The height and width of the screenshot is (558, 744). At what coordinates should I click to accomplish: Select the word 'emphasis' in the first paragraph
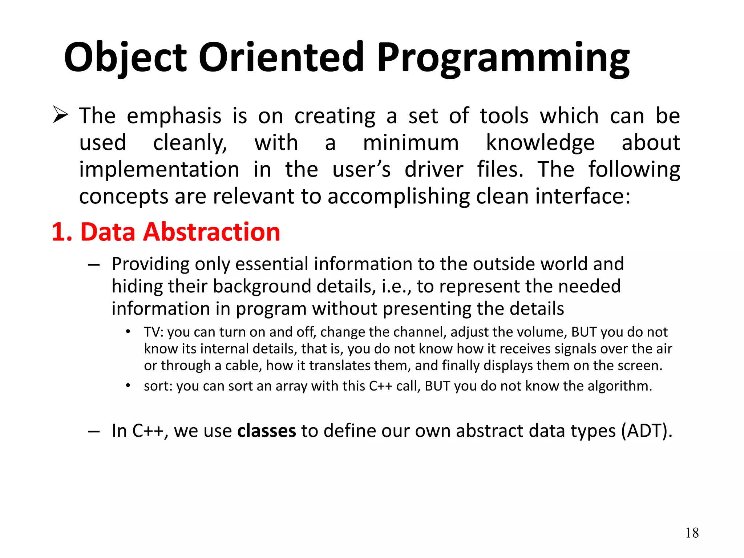click(x=174, y=116)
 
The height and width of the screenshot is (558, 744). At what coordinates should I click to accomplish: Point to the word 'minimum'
click(x=411, y=142)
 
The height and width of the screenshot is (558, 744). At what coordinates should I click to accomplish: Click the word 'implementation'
click(x=159, y=169)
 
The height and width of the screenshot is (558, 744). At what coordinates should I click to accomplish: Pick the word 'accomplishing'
click(x=399, y=197)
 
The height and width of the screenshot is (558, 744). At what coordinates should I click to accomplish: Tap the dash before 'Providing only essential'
click(x=94, y=265)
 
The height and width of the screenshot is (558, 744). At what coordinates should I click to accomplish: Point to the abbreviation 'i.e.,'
click(x=396, y=287)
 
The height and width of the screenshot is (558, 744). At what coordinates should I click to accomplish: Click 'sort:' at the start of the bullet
click(x=158, y=386)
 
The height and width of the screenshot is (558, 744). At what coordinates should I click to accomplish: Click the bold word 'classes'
click(x=267, y=431)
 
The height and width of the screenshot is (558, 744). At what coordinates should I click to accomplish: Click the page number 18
click(x=692, y=533)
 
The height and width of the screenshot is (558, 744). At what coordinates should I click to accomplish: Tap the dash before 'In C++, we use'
click(x=94, y=432)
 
